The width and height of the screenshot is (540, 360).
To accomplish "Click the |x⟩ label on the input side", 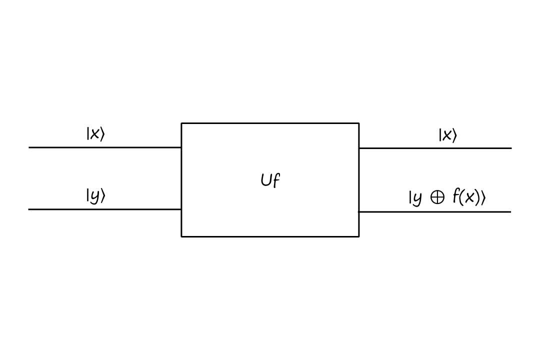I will (x=95, y=134).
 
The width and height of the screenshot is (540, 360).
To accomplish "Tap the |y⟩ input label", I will (x=95, y=195).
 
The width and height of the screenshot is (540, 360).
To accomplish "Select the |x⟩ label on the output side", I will (x=447, y=135).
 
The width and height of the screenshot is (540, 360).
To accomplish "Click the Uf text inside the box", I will (x=270, y=180).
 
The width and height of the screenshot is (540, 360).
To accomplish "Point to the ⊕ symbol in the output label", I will (x=437, y=198).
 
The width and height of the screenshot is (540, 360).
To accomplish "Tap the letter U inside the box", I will (x=266, y=180).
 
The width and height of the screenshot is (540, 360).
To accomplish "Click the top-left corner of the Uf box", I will (x=181, y=123).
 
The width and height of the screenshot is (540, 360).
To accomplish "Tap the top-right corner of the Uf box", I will (x=358, y=123).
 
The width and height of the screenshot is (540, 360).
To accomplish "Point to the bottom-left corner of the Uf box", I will (x=181, y=236).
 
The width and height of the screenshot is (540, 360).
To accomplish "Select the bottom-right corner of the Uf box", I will (x=358, y=236).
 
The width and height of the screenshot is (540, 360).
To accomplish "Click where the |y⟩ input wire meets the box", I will (x=181, y=209).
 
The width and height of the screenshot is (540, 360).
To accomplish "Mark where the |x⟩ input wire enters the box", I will (x=181, y=147).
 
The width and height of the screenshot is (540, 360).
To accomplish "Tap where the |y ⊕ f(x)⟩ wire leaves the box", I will (x=358, y=211).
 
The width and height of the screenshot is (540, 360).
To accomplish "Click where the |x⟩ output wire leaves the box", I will (x=358, y=148).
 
